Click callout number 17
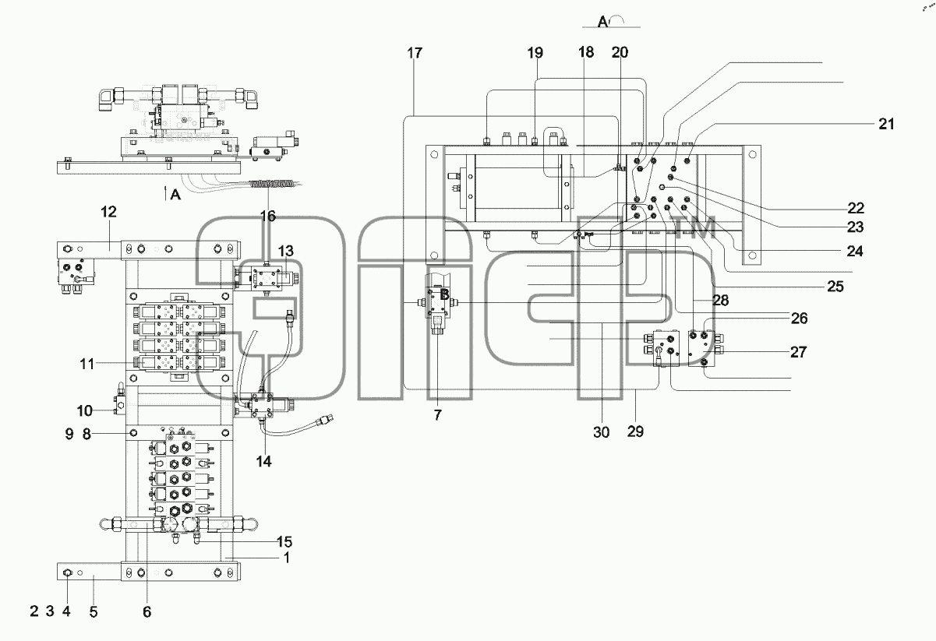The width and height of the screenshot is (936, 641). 415,53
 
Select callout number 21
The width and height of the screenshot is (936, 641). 886,124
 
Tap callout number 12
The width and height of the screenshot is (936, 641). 108,212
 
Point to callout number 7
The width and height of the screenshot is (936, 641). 437,415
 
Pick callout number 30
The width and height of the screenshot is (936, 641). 602,432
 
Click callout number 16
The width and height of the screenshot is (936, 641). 268,216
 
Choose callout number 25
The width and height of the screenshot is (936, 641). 835,287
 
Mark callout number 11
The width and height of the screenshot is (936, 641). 87,365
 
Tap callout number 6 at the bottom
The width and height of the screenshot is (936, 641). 147,612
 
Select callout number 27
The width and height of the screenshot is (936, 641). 799,353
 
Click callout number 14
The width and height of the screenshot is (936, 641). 263,461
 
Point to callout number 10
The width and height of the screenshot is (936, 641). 84,411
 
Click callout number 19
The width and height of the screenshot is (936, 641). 535,53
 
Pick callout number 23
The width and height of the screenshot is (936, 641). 856,227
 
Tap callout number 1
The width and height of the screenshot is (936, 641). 287,558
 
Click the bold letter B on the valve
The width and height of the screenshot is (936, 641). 444,294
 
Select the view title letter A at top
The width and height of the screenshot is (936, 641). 602,22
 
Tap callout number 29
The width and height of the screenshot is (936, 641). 635,431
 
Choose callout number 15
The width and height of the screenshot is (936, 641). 284,542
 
